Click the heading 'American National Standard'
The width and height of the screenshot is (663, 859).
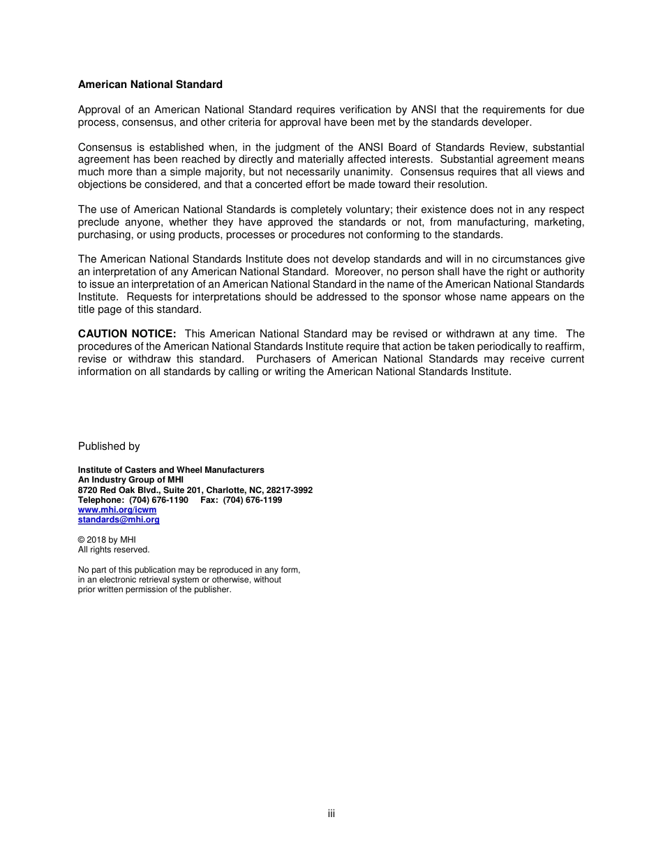click(150, 85)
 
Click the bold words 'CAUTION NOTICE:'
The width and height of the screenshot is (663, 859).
click(127, 334)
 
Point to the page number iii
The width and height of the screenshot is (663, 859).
click(331, 814)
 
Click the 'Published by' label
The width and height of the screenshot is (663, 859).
click(109, 446)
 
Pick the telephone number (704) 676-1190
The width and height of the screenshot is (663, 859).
click(158, 500)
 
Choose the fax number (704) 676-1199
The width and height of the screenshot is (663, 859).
click(253, 500)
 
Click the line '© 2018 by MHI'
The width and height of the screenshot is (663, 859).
click(107, 540)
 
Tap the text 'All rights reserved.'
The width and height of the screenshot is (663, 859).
click(114, 550)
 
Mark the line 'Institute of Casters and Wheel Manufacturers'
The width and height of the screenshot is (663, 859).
click(171, 470)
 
